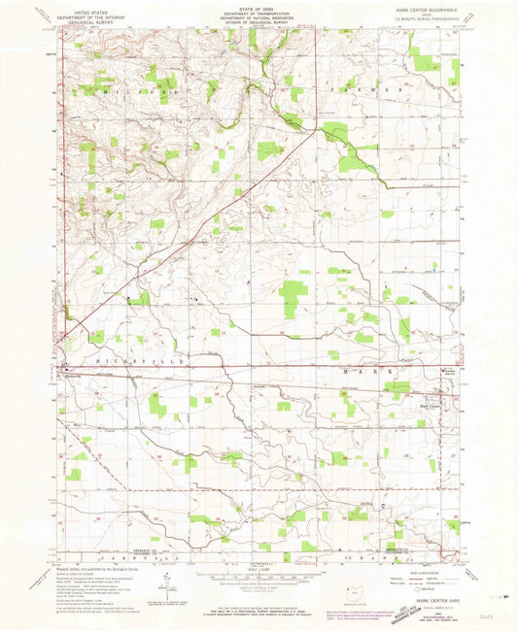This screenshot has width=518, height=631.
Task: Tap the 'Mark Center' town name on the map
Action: (431, 396)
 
